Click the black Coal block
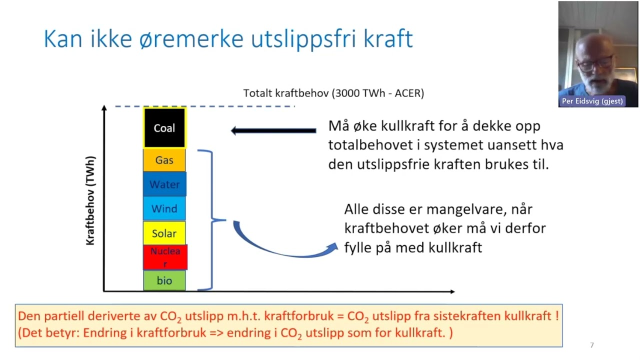[164, 128]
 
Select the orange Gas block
[164, 160]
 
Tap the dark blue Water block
[164, 184]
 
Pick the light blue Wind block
[164, 208]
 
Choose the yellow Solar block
[164, 233]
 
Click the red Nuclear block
[164, 257]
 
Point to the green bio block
[164, 280]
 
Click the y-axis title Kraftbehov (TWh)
[90, 200]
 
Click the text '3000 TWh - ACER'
[378, 93]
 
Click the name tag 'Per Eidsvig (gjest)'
[592, 101]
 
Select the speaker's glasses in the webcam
[594, 62]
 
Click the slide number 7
[592, 345]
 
